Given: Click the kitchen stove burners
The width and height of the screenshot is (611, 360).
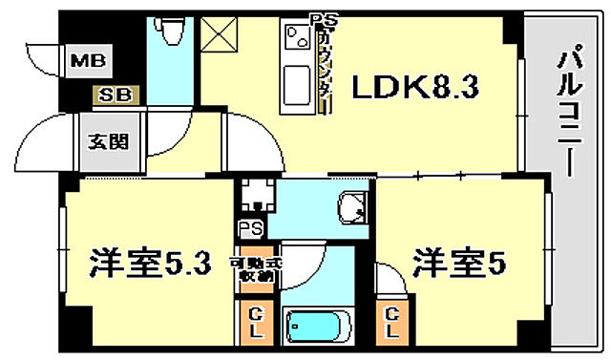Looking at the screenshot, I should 295,41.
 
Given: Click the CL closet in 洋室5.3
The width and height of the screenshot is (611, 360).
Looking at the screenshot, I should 257,322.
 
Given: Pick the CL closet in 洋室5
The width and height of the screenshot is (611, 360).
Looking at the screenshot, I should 392,323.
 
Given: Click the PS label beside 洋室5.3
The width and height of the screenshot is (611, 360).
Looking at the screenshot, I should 250,229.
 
